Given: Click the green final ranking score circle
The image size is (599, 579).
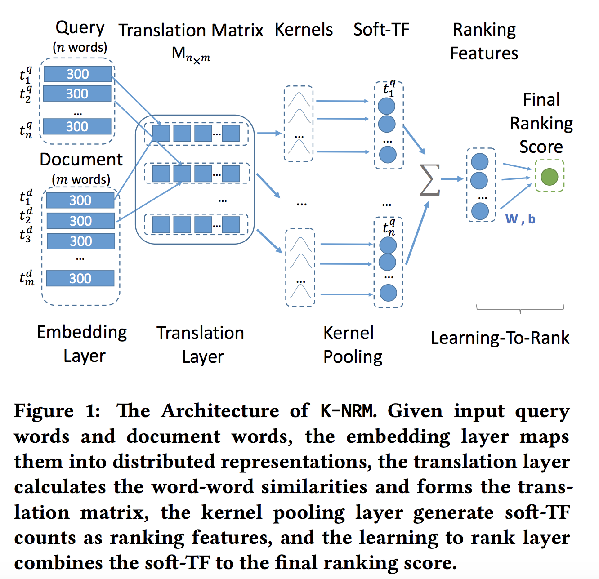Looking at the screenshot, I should (x=549, y=176).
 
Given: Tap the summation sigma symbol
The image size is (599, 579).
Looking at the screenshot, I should (x=429, y=180).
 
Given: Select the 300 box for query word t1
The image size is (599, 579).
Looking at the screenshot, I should (x=77, y=74).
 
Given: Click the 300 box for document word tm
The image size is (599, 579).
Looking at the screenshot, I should (x=80, y=278).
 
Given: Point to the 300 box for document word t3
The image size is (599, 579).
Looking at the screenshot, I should (x=80, y=241).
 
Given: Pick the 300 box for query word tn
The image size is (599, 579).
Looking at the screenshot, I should (x=77, y=127).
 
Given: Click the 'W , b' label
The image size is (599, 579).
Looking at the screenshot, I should (x=520, y=219).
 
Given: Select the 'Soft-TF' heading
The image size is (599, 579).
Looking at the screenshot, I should (x=381, y=30).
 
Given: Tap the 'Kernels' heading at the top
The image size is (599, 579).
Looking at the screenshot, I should (x=304, y=30).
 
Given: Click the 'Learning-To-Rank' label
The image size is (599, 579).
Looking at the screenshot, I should (x=500, y=338).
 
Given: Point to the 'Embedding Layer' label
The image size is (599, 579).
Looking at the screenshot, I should (x=82, y=344).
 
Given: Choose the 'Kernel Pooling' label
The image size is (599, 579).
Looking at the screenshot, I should (x=352, y=345).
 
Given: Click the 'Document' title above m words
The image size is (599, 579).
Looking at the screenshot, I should (x=81, y=160).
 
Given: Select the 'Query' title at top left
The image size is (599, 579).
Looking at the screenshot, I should (x=80, y=28).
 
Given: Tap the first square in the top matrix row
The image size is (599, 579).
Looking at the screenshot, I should (x=161, y=134).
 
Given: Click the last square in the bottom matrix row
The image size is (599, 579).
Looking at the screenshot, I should (x=231, y=225).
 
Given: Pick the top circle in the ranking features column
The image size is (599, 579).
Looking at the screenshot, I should (x=480, y=162).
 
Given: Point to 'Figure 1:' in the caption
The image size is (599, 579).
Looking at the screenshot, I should (x=57, y=411).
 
